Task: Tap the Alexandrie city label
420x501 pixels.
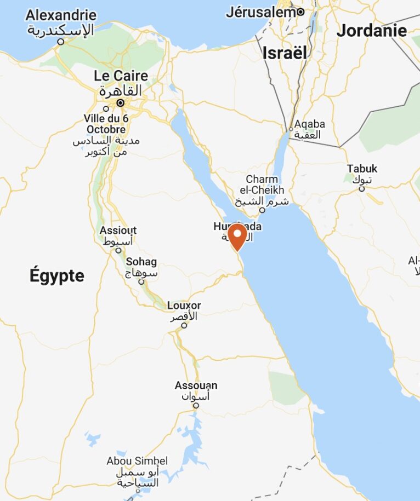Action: click(60, 15)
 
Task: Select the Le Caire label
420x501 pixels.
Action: click(121, 76)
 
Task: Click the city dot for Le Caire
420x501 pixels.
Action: click(121, 102)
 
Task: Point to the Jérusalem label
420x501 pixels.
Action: click(261, 12)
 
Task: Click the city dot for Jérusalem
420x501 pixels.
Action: click(301, 12)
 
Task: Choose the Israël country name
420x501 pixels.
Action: click(284, 53)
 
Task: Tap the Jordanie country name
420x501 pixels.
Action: click(372, 31)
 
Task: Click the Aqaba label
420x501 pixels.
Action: click(309, 124)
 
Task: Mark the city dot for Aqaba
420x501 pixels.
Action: click(291, 129)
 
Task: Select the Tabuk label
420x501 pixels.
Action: click(362, 169)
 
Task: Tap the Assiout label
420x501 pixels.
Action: click(118, 231)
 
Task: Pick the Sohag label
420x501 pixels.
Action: click(141, 262)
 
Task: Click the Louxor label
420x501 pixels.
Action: click(184, 306)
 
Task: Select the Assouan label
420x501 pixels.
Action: click(196, 385)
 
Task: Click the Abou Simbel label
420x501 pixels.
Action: click(137, 461)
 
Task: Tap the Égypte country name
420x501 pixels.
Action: click(57, 276)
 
